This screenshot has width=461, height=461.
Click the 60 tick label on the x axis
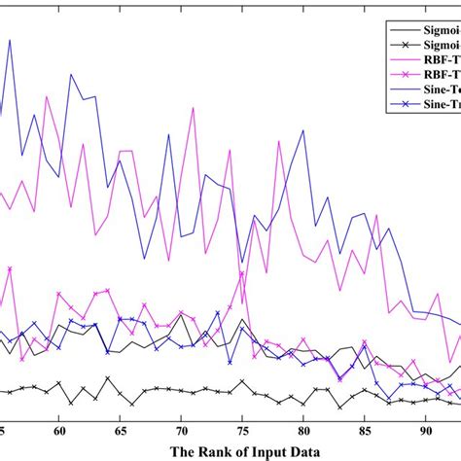[x=59, y=429]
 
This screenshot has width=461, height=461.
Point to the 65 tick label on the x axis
[x=121, y=429]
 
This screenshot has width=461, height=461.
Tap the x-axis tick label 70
[x=182, y=429]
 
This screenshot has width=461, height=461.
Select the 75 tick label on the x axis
[x=242, y=429]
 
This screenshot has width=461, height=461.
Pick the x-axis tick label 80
[x=303, y=429]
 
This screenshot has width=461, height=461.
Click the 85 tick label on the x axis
[x=365, y=429]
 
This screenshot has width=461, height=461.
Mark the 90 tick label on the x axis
[x=426, y=429]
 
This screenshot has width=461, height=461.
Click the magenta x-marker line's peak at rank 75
[x=242, y=272]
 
